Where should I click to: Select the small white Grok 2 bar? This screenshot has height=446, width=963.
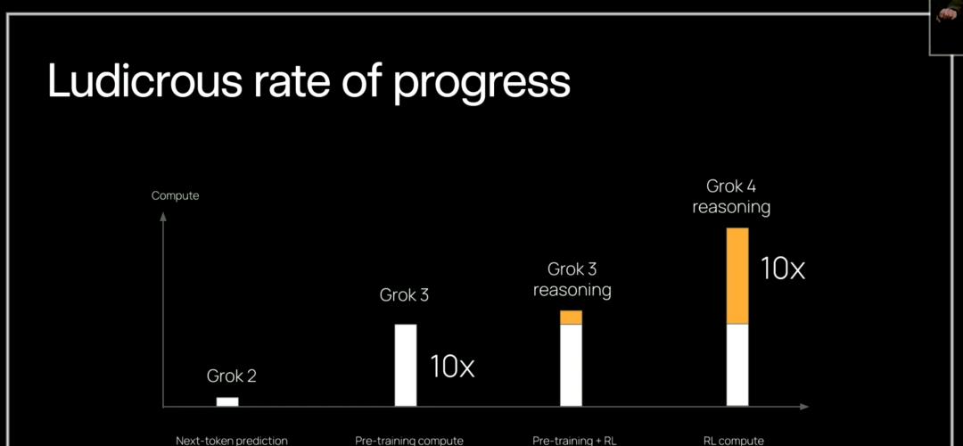tap(227, 401)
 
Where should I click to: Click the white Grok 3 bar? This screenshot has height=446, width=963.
tap(406, 365)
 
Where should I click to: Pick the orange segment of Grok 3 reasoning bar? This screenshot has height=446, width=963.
tap(572, 318)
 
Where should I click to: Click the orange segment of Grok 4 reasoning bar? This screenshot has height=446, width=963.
tap(737, 277)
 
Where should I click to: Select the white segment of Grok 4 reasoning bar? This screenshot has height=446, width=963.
tap(737, 365)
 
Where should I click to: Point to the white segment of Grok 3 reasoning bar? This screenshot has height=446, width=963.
tap(572, 366)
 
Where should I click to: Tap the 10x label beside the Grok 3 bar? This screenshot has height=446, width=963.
tap(452, 367)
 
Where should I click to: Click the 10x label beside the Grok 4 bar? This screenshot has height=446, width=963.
tap(783, 268)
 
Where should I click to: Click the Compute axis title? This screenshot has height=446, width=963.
tap(175, 196)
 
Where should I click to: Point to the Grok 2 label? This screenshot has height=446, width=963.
tap(232, 376)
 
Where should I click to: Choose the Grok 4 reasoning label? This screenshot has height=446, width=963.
tap(731, 196)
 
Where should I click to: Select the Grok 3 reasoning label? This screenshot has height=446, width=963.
tap(572, 279)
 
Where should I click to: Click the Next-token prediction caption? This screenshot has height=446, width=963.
tap(232, 441)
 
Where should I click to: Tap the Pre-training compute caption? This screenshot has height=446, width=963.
tap(409, 441)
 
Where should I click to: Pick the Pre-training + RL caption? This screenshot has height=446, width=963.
tap(574, 441)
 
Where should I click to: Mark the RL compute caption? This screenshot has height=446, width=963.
tap(733, 441)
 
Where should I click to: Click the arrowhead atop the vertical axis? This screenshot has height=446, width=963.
tap(163, 216)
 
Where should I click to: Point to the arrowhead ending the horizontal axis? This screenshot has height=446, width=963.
tap(805, 407)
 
